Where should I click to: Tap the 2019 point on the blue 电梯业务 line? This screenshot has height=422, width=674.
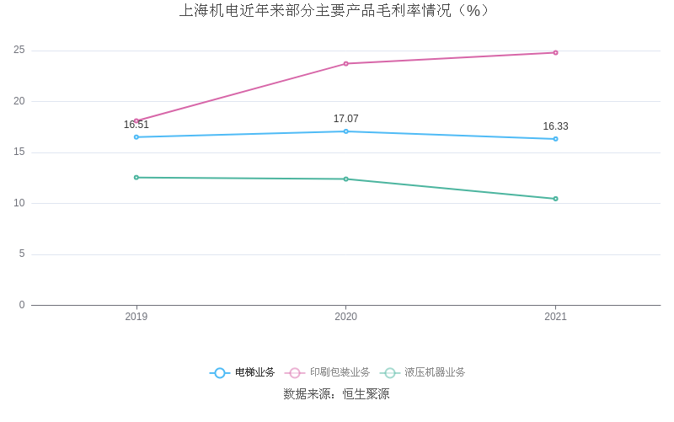coord(136,137)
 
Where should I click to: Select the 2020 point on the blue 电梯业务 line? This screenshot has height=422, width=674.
coord(345,131)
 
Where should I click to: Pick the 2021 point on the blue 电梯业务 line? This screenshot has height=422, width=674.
coord(555,139)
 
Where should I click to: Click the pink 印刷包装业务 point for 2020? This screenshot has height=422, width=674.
coord(345,64)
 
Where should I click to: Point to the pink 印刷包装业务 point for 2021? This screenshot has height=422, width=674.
coord(555,53)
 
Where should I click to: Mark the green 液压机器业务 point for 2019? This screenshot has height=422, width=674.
coord(136,178)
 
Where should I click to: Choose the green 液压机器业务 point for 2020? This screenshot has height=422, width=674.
coord(345,179)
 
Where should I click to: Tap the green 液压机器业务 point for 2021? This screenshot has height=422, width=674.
coord(555,199)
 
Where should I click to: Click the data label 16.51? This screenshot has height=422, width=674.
coord(136,125)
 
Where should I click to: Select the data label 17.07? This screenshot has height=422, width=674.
coord(345,119)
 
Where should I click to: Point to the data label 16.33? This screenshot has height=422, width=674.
coord(555,126)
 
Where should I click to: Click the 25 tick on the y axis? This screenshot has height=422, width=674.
coord(19,51)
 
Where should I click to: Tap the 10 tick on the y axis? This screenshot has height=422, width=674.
coord(19,203)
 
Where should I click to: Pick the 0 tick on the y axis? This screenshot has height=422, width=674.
coord(22,305)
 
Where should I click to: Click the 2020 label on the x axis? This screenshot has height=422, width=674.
coord(345,317)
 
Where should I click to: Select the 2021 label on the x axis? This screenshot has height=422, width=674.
coord(555,317)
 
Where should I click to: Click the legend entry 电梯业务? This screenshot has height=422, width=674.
coord(243,372)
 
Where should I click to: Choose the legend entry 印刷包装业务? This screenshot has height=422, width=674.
coord(329,372)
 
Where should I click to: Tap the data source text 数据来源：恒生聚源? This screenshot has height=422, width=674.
coord(336,394)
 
